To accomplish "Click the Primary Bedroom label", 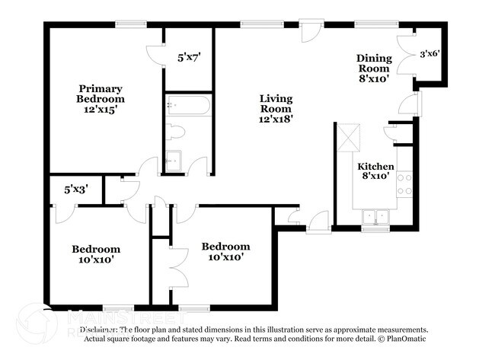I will (101, 93).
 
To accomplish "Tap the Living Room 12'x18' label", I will (276, 108).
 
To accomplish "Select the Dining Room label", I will (374, 68).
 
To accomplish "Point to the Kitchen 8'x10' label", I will (375, 171).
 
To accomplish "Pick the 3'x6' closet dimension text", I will (432, 54).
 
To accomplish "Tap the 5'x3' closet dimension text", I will (76, 190).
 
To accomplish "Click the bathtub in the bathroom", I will (187, 106).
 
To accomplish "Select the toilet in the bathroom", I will (176, 132).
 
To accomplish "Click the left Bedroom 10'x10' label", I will (96, 254).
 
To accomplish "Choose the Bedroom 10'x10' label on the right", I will (225, 252).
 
